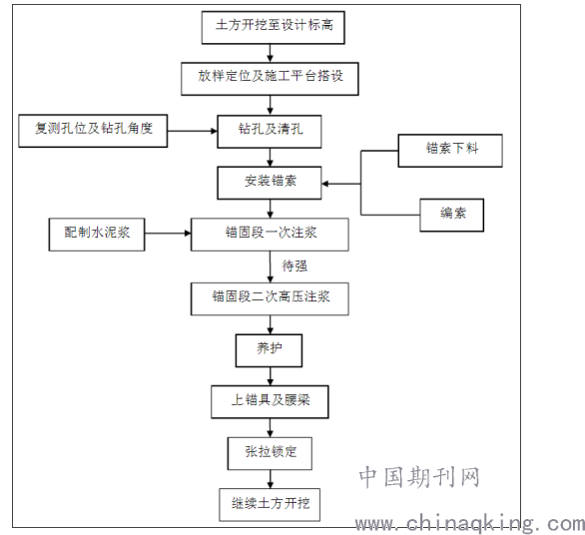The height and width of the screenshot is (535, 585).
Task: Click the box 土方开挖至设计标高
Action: (x=274, y=27)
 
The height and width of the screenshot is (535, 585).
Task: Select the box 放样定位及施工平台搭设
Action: (x=270, y=79)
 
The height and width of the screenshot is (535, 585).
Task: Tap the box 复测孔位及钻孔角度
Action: (x=93, y=131)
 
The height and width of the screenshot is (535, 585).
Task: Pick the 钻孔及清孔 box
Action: (x=270, y=132)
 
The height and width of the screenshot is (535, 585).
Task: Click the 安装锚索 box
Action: (x=270, y=183)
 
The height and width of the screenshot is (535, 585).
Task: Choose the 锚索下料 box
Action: (x=450, y=151)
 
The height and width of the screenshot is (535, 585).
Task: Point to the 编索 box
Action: (x=452, y=215)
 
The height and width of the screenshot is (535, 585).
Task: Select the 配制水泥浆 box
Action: (x=97, y=235)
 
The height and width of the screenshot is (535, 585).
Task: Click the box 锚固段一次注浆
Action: (x=270, y=235)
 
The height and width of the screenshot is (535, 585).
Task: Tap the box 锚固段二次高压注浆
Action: (x=270, y=298)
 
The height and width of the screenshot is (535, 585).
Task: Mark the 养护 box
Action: (x=269, y=350)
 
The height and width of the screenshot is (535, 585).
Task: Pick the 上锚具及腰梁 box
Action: (x=270, y=402)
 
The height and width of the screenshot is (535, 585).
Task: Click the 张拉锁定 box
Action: (x=270, y=453)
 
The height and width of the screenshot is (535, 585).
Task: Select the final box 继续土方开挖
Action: (x=270, y=505)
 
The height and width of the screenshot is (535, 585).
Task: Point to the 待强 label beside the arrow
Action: (x=294, y=267)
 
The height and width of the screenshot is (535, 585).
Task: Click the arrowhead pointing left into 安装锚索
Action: (x=325, y=184)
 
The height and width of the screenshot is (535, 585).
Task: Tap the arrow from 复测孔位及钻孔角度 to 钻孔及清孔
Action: (x=192, y=131)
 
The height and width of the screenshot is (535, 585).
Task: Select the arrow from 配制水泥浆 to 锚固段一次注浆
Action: (x=168, y=234)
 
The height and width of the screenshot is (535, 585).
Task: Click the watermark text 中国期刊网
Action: (x=419, y=477)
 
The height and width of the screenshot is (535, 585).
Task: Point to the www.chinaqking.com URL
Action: (x=470, y=523)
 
